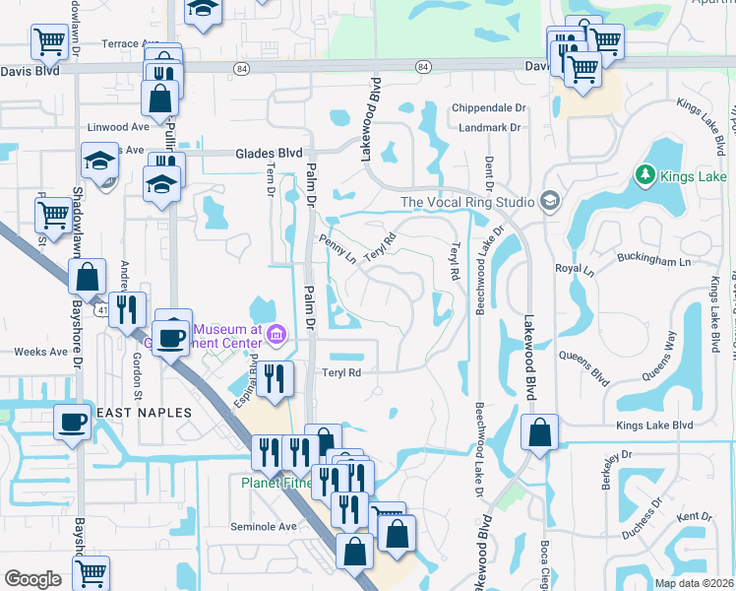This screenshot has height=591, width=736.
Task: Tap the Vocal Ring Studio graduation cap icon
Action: click(549, 202)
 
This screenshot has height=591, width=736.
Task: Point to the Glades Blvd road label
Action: click(268, 154)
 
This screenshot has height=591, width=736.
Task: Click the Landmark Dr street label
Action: click(486, 128)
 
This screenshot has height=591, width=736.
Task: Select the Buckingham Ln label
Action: click(654, 262)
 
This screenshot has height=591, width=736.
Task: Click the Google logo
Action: click(32, 579)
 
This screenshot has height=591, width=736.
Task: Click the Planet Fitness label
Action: click(277, 483)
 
